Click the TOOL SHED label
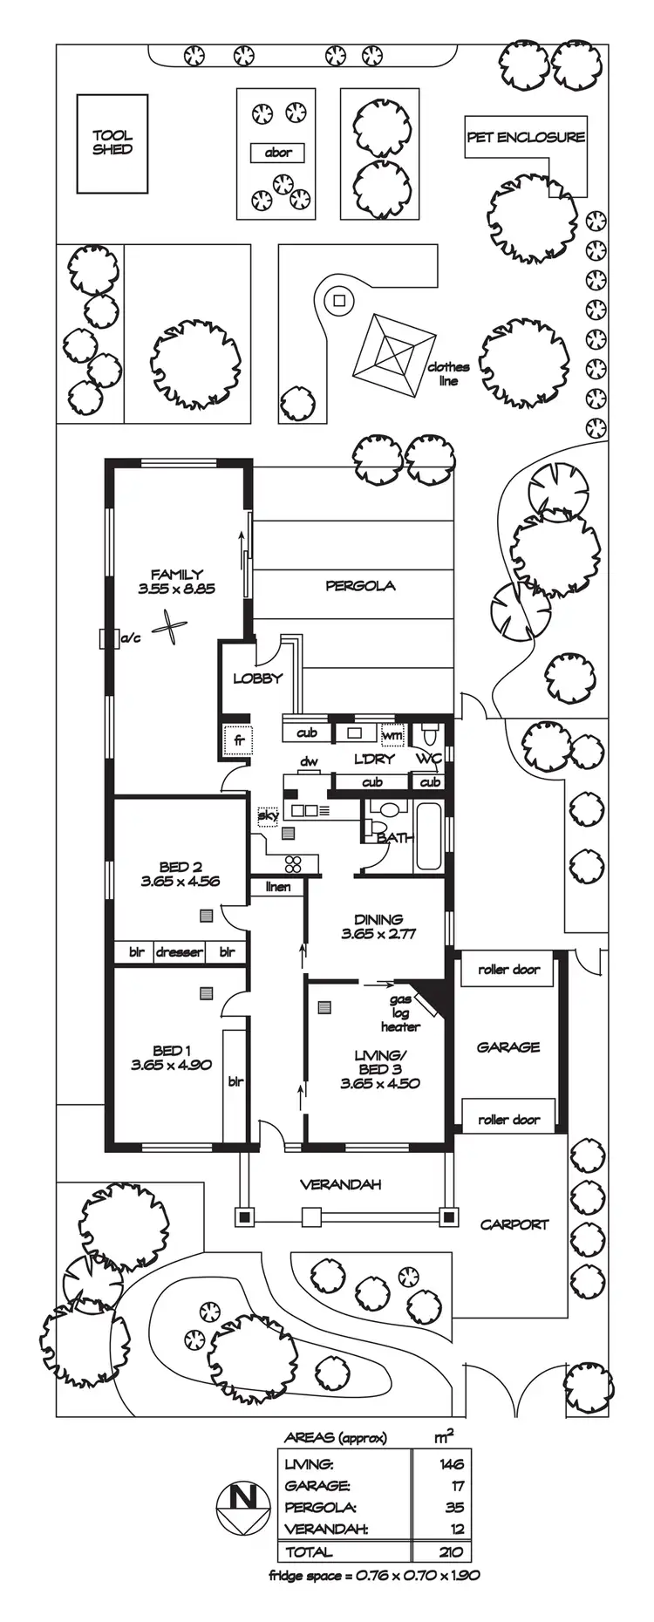coord(112,142)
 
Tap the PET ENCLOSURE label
coord(525,137)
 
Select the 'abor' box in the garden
coord(278,153)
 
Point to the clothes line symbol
coord(394,356)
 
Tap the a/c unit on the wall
coord(109,638)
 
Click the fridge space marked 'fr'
coord(237,740)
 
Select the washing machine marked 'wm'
coord(392,735)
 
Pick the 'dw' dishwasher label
coord(309,762)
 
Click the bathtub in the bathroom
coord(428,836)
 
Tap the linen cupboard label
coord(278,887)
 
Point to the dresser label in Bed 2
coord(180,952)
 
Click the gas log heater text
coord(400,1013)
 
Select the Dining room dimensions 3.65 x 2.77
coord(378,933)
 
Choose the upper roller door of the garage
coord(509,970)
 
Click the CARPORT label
coord(514,1224)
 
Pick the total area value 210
coord(452,1551)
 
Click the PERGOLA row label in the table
coord(320,1507)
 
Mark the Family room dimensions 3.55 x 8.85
coord(176,589)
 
